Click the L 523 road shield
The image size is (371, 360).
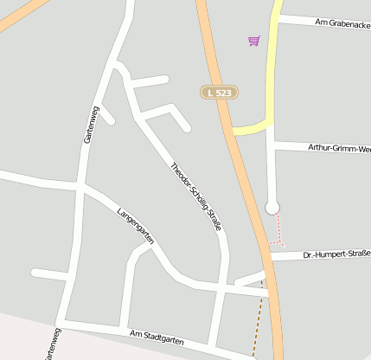pyautogui.click(x=220, y=92)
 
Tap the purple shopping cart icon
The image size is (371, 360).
pyautogui.click(x=253, y=40)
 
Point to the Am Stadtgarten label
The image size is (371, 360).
pyautogui.click(x=157, y=337)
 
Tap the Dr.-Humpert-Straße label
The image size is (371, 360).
pyautogui.click(x=336, y=254)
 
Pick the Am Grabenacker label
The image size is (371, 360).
pyautogui.click(x=342, y=23)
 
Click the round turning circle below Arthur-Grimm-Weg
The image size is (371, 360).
pyautogui.click(x=272, y=207)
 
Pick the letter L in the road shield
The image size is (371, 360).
pyautogui.click(x=211, y=92)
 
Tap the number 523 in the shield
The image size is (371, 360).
pyautogui.click(x=223, y=92)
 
